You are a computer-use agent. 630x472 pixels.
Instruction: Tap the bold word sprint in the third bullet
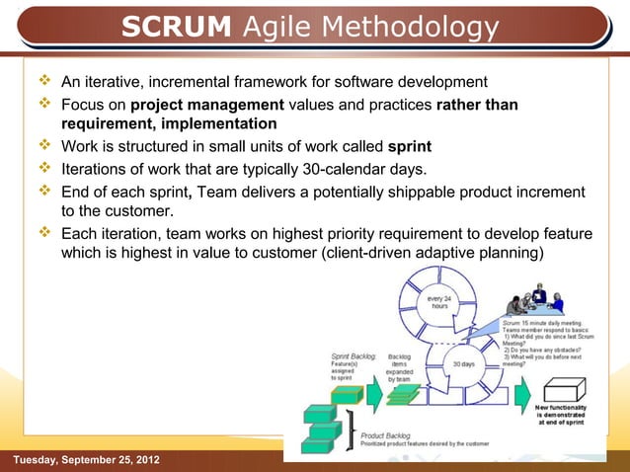click(x=409, y=147)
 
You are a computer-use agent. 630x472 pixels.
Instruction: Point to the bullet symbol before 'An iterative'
click(x=43, y=81)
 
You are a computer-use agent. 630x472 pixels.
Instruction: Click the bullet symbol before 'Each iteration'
click(x=43, y=234)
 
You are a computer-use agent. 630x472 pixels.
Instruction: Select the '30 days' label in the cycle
click(x=463, y=363)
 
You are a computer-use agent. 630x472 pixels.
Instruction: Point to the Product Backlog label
click(x=386, y=434)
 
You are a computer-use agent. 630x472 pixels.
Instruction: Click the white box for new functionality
click(x=564, y=387)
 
